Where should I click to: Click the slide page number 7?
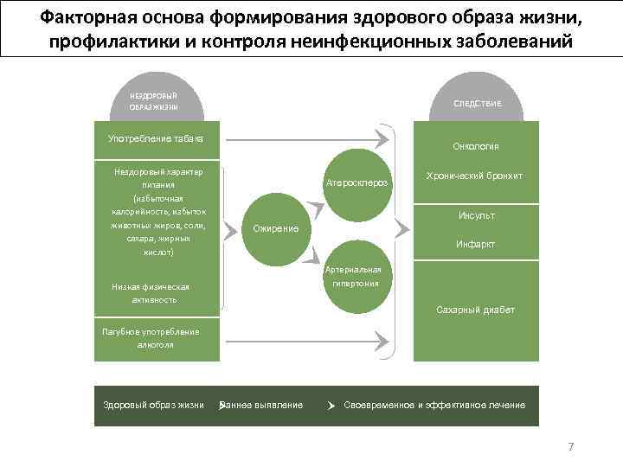(x=570, y=447)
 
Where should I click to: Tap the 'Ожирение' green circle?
(x=275, y=229)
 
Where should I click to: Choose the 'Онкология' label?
(x=476, y=146)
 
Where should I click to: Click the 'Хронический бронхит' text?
(x=474, y=176)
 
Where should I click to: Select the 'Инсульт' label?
(x=476, y=215)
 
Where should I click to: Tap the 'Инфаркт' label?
(x=476, y=245)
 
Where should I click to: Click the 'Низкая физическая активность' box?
(x=151, y=293)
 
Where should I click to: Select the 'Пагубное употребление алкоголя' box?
(x=151, y=338)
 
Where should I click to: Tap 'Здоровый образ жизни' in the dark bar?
(x=153, y=405)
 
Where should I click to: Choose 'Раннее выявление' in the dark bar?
(x=263, y=405)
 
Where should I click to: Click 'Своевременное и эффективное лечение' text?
(x=434, y=405)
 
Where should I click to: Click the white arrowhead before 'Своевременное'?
(x=331, y=406)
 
